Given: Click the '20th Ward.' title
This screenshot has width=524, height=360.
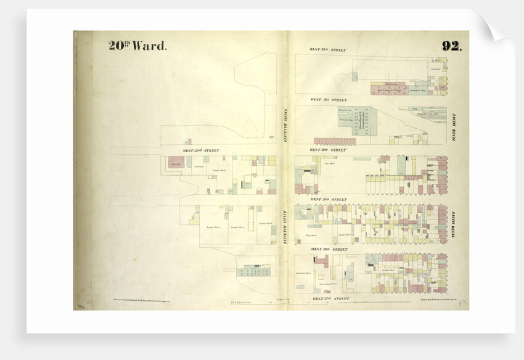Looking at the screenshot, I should point(137,45).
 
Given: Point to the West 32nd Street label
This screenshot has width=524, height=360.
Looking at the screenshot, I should point(328,49).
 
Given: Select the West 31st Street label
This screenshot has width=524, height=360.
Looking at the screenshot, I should point(328,99).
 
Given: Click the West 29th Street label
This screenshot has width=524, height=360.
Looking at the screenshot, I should point(328,199).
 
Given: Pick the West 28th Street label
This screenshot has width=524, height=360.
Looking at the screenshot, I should point(328,249).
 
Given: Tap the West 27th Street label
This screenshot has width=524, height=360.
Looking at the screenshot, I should point(328,299).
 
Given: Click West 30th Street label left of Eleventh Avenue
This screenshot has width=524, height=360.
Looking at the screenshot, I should point(201,150).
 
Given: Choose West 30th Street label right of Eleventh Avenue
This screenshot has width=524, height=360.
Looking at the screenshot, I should point(328,150).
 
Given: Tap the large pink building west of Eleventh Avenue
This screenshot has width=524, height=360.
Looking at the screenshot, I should point(176,163).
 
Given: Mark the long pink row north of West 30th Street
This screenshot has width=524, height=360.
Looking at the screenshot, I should point(335,141).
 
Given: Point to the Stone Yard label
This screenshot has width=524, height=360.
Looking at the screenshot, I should point(321,163).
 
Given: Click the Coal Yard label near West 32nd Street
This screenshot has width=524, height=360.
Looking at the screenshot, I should point(435,69).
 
